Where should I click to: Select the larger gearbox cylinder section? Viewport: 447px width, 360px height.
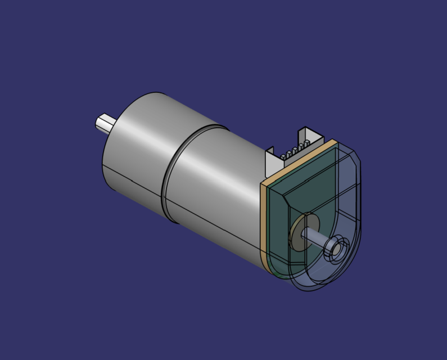pyautogui.click(x=141, y=146)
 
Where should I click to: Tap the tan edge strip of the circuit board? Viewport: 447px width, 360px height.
pyautogui.click(x=264, y=225)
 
